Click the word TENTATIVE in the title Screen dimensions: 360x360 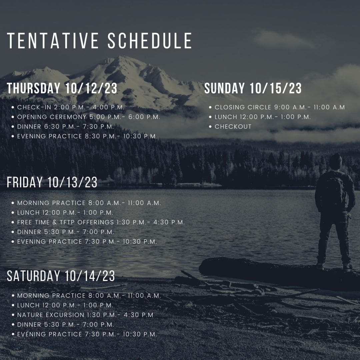point(53,41)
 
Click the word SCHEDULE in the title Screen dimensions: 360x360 point(150,41)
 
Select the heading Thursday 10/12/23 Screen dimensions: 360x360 point(62,88)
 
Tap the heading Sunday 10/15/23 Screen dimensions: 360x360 point(253,88)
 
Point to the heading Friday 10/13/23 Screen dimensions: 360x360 point(52,182)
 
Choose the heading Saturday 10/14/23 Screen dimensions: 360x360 point(61,276)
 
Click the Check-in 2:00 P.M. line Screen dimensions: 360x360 point(71,107)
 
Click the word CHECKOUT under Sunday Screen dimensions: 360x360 point(233,127)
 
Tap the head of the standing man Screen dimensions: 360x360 point(336,162)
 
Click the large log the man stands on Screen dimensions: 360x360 point(276,272)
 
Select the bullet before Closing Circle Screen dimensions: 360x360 point(210,107)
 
